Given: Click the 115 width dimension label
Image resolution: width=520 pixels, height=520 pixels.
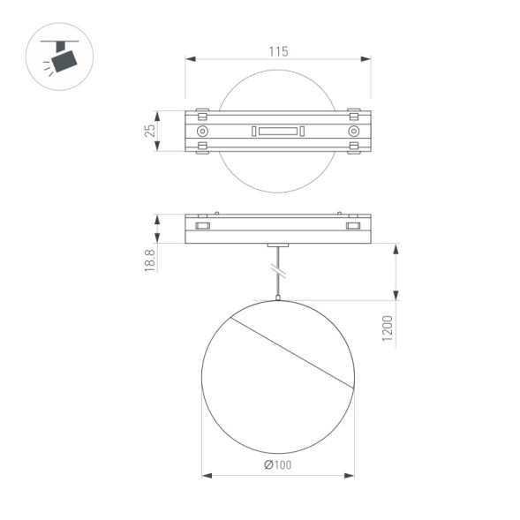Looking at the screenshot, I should tap(278, 52).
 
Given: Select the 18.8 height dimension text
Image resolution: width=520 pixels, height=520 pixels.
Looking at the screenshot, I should tap(150, 259).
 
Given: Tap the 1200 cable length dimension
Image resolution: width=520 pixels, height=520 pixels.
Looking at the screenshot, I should tap(388, 330).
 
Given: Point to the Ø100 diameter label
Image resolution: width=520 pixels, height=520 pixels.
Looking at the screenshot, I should tap(278, 465).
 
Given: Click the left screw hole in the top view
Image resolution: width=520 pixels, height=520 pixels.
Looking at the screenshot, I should tap(203, 131).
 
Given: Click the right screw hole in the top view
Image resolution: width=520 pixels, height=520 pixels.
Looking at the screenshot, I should tap(353, 131).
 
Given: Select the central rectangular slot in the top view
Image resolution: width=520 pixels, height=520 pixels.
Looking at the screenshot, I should tap(278, 132).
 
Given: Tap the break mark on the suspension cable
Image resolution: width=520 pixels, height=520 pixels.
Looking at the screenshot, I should tap(278, 267).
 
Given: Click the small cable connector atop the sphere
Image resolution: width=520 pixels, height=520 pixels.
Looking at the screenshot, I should tap(278, 298).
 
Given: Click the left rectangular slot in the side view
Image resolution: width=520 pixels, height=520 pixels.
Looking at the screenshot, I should tap(202, 227).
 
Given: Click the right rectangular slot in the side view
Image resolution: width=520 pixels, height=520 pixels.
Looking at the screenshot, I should tap(354, 227).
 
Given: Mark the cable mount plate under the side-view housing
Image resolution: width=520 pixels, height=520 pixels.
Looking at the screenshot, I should tap(278, 245).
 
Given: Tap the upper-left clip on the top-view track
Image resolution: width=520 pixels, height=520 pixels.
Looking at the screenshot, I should tap(203, 114).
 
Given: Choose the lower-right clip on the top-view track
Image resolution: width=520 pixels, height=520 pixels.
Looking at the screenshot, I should tap(353, 147).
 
